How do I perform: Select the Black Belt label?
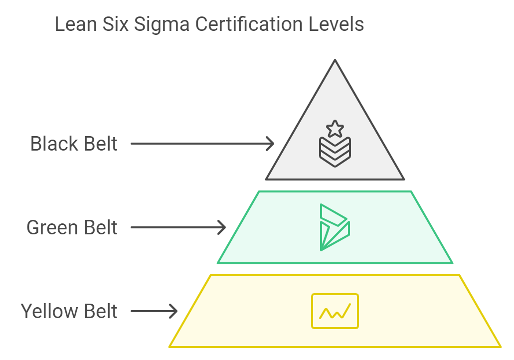click(74, 144)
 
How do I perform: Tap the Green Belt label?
click(72, 227)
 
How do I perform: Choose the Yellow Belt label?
click(69, 311)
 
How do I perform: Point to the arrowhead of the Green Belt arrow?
click(222, 227)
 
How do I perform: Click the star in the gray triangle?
click(335, 129)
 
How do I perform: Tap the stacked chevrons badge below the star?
click(335, 151)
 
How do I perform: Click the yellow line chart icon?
click(335, 311)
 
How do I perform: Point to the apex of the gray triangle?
click(335, 60)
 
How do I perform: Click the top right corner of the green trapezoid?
click(411, 192)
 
